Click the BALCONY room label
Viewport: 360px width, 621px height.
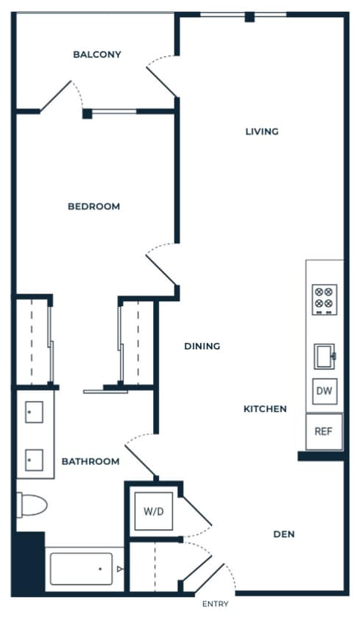tap(97, 54)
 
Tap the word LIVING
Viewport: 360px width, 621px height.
tap(262, 132)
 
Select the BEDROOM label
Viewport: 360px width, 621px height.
tap(93, 207)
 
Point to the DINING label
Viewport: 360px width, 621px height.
tap(202, 346)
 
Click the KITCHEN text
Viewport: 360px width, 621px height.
tap(265, 409)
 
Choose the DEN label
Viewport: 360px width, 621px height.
tap(283, 534)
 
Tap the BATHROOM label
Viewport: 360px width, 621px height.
tap(90, 461)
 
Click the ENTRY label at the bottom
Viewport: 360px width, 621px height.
tap(216, 604)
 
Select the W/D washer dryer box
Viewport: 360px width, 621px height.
tap(154, 510)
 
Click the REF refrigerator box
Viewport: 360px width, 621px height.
tap(324, 431)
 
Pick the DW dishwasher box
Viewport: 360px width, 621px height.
tap(324, 391)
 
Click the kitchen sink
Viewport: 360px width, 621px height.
tap(324, 356)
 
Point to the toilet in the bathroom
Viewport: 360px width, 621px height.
tap(32, 505)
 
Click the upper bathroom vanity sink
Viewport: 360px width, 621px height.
tap(34, 414)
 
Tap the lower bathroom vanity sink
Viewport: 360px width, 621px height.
tap(34, 461)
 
